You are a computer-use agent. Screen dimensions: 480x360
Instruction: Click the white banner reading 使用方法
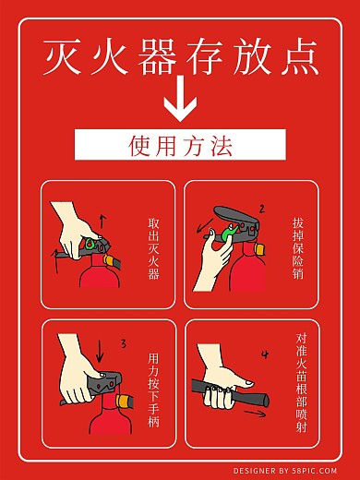(180, 145)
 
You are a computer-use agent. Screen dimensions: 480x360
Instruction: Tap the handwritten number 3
(123, 344)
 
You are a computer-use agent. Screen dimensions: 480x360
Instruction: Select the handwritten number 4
(265, 354)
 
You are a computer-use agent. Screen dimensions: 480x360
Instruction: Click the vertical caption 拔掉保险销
(297, 248)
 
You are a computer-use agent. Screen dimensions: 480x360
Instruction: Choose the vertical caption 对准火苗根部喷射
(301, 388)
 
